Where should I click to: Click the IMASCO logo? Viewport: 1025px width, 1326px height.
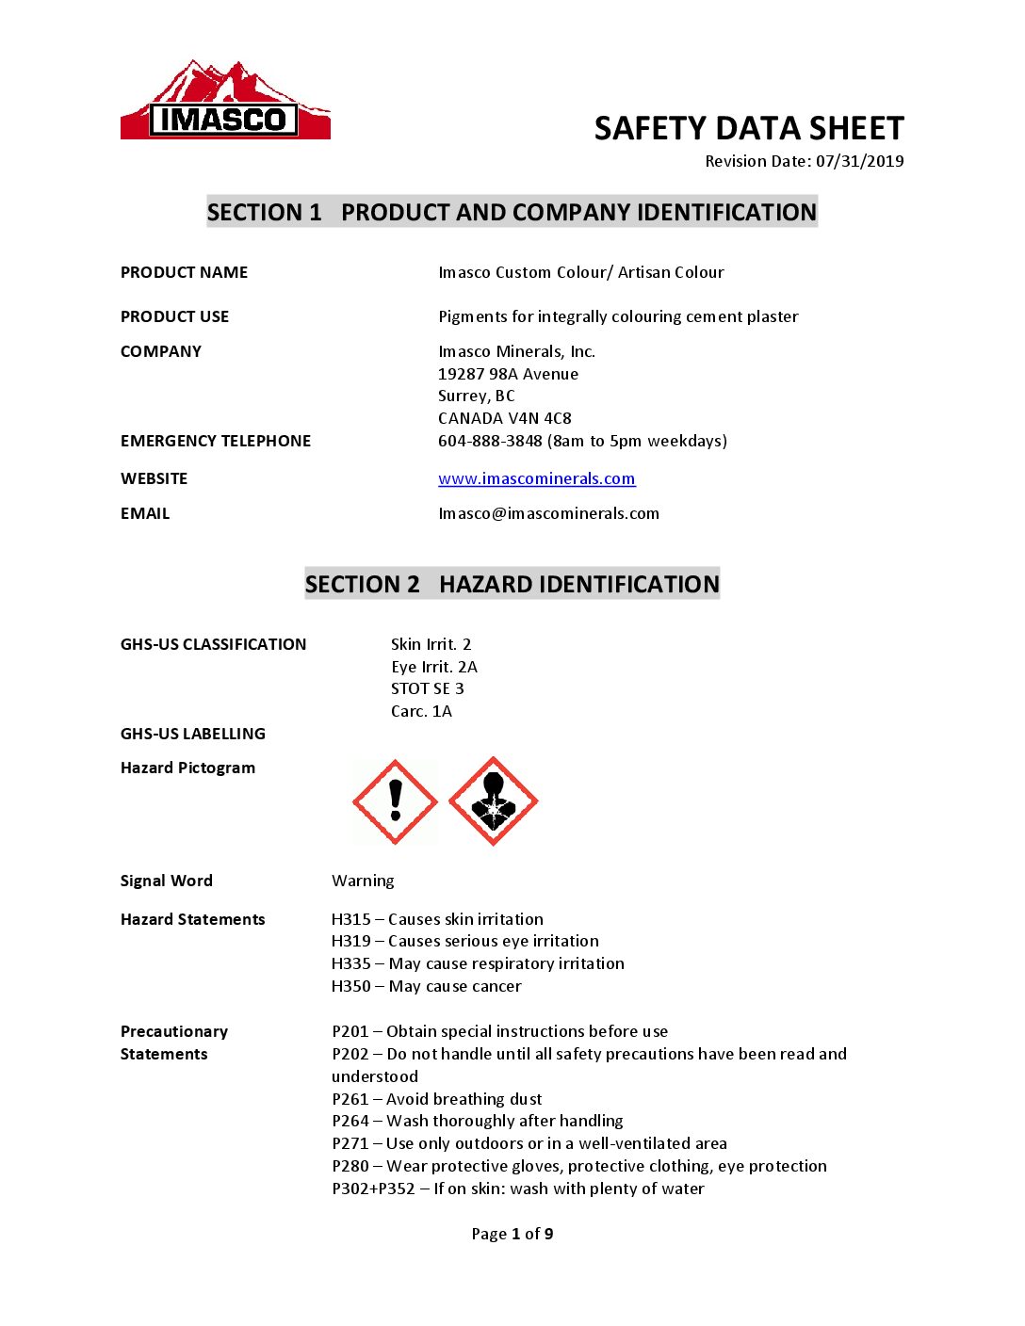[x=225, y=102]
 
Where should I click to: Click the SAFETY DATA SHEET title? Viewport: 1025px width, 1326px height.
[x=749, y=128]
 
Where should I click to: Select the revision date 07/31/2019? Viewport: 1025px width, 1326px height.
[x=859, y=161]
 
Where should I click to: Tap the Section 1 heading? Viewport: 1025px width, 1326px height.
[x=512, y=212]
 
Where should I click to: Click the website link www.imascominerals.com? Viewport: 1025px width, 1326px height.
[x=536, y=478]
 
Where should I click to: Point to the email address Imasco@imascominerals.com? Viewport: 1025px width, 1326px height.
[x=548, y=513]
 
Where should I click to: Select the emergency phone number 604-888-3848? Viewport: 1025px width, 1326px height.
[x=490, y=441]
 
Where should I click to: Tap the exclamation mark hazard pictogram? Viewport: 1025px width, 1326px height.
[x=395, y=802]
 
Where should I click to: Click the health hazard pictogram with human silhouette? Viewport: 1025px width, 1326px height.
[x=493, y=802]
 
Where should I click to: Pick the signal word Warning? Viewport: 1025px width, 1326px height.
[x=363, y=881]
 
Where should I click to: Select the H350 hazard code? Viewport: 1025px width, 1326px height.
[x=351, y=986]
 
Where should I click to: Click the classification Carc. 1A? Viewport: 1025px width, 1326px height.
[x=421, y=711]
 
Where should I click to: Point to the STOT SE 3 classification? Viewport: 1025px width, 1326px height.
[x=427, y=688]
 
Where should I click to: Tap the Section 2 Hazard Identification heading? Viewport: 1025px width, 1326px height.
[x=512, y=584]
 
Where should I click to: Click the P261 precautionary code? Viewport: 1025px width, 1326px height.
[x=350, y=1099]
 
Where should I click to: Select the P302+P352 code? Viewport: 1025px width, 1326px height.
[x=373, y=1189]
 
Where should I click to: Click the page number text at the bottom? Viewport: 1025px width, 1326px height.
[x=512, y=1234]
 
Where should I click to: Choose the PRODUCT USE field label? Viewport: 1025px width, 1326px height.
[x=174, y=316]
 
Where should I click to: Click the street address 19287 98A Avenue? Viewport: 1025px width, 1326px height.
[x=508, y=374]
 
